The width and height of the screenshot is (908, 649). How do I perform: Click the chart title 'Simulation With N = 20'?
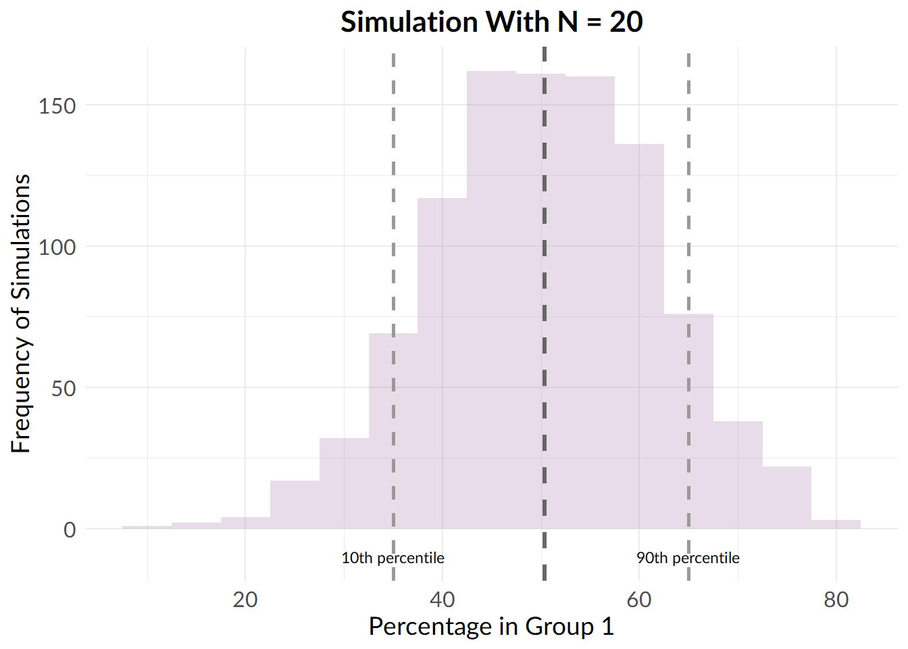pyautogui.click(x=491, y=22)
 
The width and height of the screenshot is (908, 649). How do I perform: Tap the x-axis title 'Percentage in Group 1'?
pyautogui.click(x=491, y=627)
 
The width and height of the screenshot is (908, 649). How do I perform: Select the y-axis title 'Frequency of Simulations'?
pyautogui.click(x=21, y=313)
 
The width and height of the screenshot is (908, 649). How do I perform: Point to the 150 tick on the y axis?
pyautogui.click(x=57, y=106)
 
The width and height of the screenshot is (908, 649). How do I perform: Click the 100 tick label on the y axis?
pyautogui.click(x=57, y=247)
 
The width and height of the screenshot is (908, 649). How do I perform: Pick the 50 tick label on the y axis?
pyautogui.click(x=63, y=389)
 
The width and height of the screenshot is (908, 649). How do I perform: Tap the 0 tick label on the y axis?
pyautogui.click(x=70, y=530)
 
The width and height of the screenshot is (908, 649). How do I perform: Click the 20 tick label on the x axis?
pyautogui.click(x=245, y=600)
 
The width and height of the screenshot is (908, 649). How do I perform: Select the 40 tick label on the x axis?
pyautogui.click(x=442, y=600)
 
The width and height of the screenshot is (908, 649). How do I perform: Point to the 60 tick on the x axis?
pyautogui.click(x=639, y=600)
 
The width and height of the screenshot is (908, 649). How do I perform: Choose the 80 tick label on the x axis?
pyautogui.click(x=836, y=600)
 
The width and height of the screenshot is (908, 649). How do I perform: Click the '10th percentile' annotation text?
pyautogui.click(x=393, y=558)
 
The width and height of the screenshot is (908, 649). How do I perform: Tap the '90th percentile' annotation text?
pyautogui.click(x=688, y=558)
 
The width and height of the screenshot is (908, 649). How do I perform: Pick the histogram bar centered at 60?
pyautogui.click(x=639, y=338)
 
